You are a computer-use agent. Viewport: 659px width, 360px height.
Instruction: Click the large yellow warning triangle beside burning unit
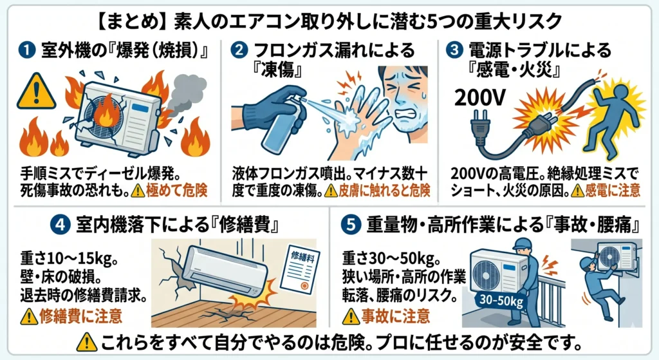pos(37,92)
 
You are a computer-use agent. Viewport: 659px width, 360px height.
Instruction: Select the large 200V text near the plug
pos(481,98)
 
